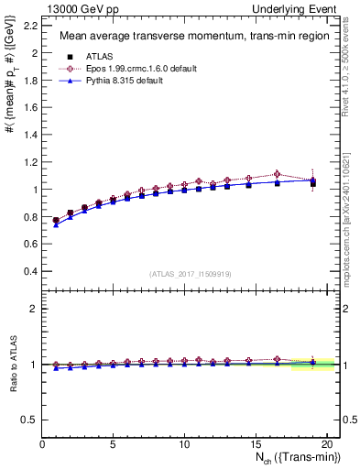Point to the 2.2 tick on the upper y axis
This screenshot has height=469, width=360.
30,26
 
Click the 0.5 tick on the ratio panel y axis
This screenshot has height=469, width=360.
30,420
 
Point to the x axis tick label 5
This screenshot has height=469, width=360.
113,444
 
